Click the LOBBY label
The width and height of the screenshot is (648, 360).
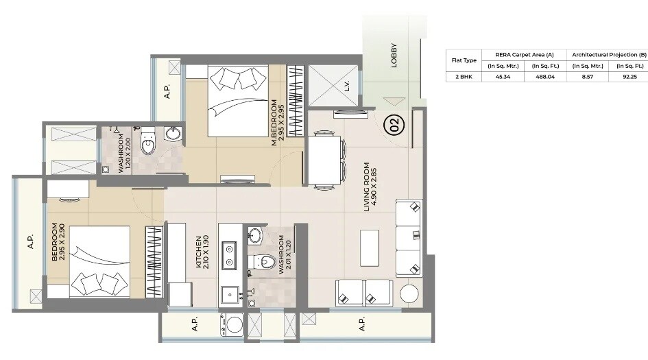point(394,56)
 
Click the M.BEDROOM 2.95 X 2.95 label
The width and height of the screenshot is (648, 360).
point(276,123)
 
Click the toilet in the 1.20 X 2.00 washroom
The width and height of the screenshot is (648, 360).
point(147,144)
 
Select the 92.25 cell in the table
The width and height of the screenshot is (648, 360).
point(629,77)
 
